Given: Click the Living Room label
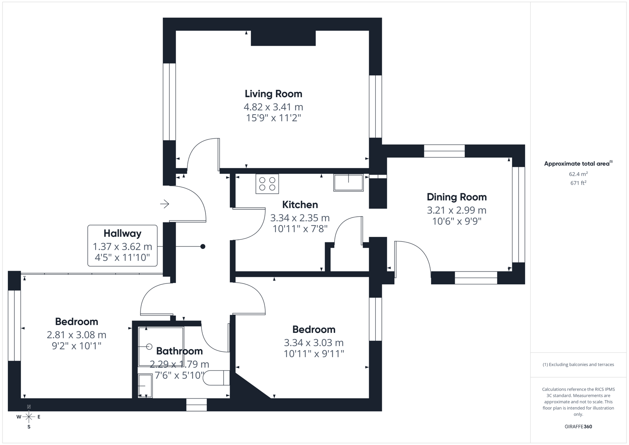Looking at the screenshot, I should [x=273, y=94].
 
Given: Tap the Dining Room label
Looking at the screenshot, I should [x=456, y=197].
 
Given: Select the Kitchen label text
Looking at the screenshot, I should [x=300, y=205].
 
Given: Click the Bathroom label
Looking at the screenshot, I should [x=179, y=351].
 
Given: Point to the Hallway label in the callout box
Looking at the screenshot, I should [x=122, y=234].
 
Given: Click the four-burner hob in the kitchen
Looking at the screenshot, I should [x=267, y=184].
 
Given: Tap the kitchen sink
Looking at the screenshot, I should [x=348, y=183].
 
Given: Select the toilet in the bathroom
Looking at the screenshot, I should [x=216, y=378].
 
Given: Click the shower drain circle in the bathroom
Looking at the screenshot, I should [x=149, y=347].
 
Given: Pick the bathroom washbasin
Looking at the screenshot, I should [x=145, y=386].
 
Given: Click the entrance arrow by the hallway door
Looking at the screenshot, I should [x=165, y=204].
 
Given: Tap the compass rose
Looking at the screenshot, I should [x=29, y=417].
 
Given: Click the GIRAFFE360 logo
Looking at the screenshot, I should [x=578, y=426].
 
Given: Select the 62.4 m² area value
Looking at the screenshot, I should [x=578, y=174].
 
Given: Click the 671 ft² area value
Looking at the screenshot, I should [x=578, y=183].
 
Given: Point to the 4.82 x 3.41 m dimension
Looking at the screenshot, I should [x=273, y=107].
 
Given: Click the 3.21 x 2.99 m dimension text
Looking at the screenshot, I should [x=456, y=210].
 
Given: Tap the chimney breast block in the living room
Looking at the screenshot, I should [x=283, y=38].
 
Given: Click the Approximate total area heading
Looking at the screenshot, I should [x=578, y=164].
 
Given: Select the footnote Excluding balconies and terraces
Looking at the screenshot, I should [x=578, y=365].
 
